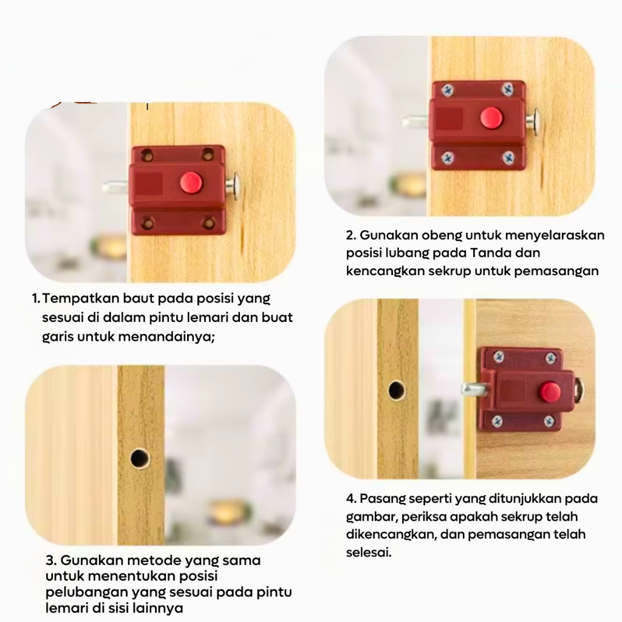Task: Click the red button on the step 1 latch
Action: tap(191, 183)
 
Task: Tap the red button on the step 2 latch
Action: tap(491, 118)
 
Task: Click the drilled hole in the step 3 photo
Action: tap(140, 458)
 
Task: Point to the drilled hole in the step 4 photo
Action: tap(397, 391)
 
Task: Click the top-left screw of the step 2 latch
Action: tap(448, 90)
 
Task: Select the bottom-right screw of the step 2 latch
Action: tap(508, 158)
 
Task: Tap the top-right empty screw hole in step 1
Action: tap(208, 155)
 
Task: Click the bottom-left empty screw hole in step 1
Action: tap(148, 224)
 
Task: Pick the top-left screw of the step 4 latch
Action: tap(499, 357)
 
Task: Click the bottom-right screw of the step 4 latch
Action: tap(549, 421)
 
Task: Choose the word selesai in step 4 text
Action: tap(369, 552)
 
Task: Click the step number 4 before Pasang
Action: tap(350, 499)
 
